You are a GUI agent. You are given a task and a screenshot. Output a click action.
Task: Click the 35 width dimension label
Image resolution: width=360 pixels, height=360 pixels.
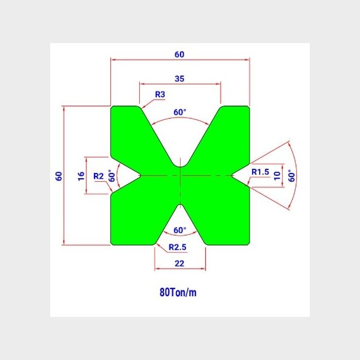click(x=179, y=78)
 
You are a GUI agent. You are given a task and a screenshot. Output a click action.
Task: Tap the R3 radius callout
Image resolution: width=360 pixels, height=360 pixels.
click(x=160, y=94)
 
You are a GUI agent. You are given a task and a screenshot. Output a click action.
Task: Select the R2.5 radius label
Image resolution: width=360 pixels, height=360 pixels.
click(x=178, y=247)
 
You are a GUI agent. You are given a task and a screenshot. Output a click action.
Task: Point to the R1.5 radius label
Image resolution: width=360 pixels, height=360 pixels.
click(x=260, y=172)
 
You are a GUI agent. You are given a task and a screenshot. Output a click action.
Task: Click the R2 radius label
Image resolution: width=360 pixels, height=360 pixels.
click(x=99, y=176)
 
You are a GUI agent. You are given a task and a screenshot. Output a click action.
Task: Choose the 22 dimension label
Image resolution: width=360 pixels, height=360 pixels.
click(x=179, y=263)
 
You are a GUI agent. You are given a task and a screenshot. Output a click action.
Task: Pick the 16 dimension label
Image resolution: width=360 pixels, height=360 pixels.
click(x=81, y=176)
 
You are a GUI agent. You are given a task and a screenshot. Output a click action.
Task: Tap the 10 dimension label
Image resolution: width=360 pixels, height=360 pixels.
click(x=277, y=176)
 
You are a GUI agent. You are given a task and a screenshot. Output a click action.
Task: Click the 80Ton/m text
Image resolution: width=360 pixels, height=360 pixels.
click(x=178, y=293)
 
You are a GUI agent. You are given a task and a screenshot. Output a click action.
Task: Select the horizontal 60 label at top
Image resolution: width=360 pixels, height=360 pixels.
click(x=179, y=54)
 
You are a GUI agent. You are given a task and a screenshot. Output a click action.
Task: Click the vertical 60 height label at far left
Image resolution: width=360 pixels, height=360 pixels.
click(x=59, y=176)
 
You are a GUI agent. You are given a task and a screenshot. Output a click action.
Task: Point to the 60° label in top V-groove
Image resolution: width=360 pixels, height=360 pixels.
click(x=180, y=112)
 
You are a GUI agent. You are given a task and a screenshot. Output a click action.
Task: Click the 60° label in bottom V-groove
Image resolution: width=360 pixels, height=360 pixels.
click(x=180, y=230)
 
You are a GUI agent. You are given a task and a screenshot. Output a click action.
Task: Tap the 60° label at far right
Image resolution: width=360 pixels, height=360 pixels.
click(x=292, y=176)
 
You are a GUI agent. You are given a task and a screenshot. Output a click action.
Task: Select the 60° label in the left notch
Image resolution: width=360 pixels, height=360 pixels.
click(x=112, y=176)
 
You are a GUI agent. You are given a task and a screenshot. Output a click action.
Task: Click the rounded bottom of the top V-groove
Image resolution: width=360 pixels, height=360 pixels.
click(x=181, y=166)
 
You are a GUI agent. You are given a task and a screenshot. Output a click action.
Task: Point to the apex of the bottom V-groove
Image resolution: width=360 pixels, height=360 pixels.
click(x=181, y=204)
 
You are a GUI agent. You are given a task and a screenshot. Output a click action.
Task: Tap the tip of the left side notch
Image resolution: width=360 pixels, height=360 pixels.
click(x=140, y=176)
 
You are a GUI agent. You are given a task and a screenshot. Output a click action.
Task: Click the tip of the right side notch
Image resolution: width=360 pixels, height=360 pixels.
click(x=232, y=176)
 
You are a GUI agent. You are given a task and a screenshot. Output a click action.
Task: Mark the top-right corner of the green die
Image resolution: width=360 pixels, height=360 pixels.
click(x=249, y=107)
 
